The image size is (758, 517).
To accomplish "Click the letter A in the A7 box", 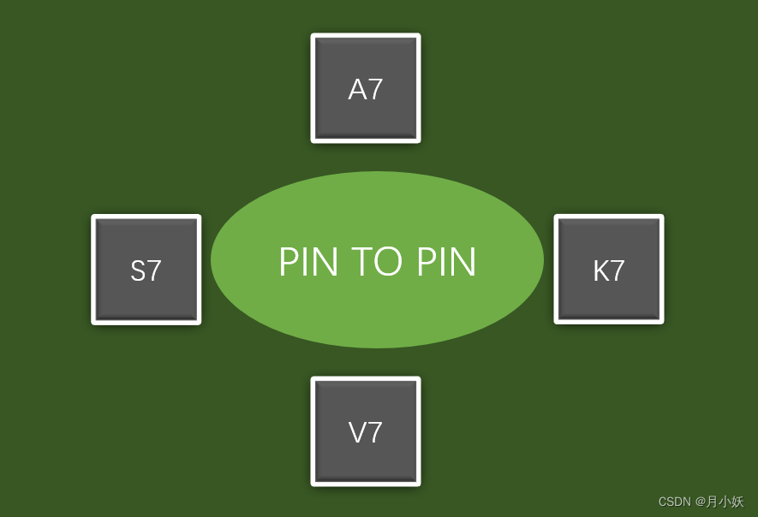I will coord(356,90).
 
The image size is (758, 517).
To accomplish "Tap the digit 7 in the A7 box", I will coord(375,90).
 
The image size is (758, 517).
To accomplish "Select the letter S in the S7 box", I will coord(137,271).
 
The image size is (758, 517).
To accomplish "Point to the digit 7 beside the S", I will coord(154,271).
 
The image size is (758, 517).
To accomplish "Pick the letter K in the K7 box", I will coord(600,271).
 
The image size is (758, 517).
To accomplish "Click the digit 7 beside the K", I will coord(618,271).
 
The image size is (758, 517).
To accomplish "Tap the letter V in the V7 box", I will coord(356,433).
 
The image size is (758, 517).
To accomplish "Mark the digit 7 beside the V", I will coord(375,433).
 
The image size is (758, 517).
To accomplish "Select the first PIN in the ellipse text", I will coord(308,262).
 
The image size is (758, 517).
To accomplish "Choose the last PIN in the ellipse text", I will coord(446,262).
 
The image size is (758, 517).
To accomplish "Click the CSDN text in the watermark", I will coord(674,502).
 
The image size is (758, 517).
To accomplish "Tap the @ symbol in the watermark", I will coord(700,502).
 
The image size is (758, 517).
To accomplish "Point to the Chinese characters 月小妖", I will coord(725,502).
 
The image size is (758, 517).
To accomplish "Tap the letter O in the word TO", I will coord(390,262).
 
